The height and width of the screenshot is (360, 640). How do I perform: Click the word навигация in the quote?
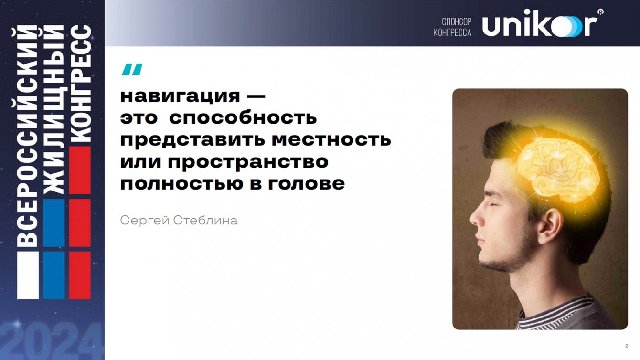180,97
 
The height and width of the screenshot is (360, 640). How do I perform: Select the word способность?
243,118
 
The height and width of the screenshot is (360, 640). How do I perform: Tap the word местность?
331,139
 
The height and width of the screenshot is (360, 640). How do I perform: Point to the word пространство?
248,162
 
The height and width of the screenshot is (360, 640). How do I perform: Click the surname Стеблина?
205,220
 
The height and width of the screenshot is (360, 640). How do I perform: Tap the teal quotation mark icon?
132,69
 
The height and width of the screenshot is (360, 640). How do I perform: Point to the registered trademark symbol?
600,12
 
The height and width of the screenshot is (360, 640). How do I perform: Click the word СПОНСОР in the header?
457,21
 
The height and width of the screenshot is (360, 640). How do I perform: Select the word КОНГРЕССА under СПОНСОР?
452,32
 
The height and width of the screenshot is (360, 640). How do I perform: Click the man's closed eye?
494,205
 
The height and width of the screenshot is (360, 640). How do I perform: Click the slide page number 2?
627,346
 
